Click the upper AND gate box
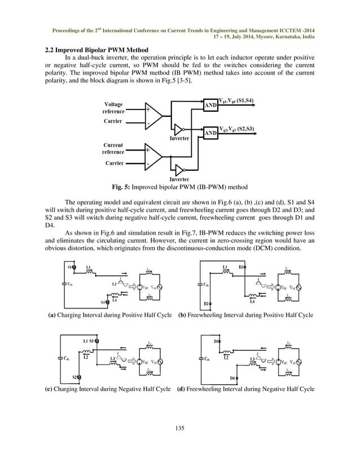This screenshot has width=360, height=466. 210,105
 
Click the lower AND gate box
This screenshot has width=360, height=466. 210,133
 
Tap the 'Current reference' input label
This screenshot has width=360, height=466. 113,149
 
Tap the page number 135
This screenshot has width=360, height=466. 179,429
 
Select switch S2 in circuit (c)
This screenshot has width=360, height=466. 77,376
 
